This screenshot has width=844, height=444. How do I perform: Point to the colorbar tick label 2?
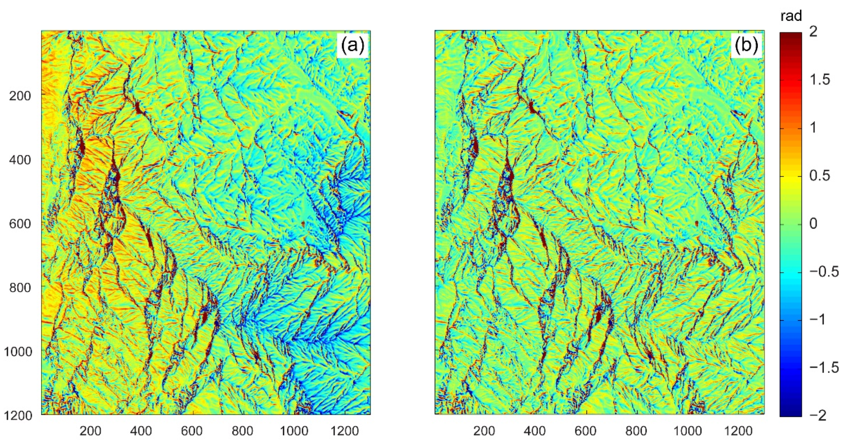point(813,32)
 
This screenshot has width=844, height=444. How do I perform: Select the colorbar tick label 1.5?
point(819,80)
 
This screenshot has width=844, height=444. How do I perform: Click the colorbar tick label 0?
point(813,224)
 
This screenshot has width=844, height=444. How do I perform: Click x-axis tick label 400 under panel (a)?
point(141,431)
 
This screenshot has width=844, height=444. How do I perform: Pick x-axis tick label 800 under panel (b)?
point(636,431)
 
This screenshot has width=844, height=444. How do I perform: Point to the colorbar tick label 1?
point(813,128)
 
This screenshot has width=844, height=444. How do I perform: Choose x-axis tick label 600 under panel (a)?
point(192,431)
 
